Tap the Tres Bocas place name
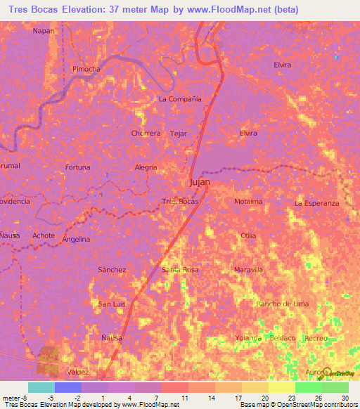180,202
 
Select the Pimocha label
86,69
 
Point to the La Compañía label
180,99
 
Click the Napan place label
43,31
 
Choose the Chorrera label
146,133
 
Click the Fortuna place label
77,167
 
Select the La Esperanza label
316,203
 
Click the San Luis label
112,304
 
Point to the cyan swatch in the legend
41,387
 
